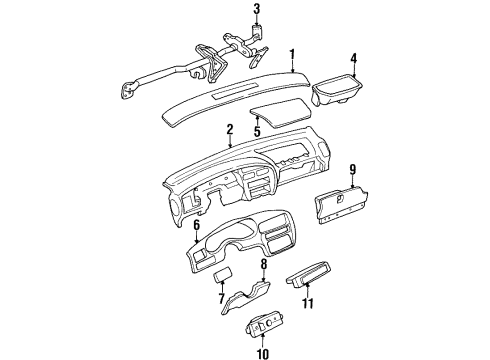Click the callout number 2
[x=229, y=129]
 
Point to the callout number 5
[x=257, y=129]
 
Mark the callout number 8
[x=264, y=265]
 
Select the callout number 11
[x=309, y=301]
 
